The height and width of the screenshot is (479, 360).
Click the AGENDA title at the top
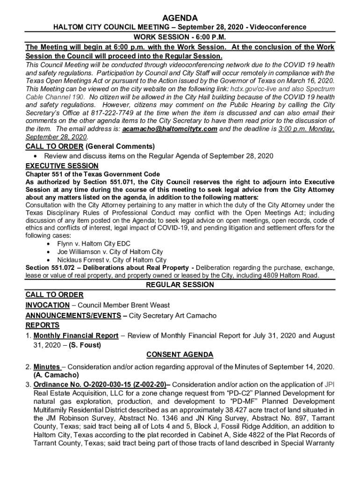point(180,18)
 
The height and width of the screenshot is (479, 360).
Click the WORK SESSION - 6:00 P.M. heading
point(180,37)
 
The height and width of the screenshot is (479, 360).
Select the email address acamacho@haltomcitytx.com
point(172,129)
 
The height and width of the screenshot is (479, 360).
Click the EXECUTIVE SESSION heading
point(62,166)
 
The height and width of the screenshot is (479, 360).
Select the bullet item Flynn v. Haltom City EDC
point(94,244)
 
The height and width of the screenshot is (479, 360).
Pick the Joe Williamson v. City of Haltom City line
point(110,252)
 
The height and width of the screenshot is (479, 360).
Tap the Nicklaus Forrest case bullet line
point(111,260)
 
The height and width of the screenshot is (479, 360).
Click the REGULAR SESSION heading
point(180,285)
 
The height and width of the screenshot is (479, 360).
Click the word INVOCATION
point(47,305)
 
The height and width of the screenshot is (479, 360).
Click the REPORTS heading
point(43,325)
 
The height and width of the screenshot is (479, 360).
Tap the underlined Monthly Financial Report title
point(76,336)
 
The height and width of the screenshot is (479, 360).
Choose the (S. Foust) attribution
point(85,346)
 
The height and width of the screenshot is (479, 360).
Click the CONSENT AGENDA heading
point(180,355)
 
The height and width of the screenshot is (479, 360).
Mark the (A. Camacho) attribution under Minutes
point(56,375)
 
